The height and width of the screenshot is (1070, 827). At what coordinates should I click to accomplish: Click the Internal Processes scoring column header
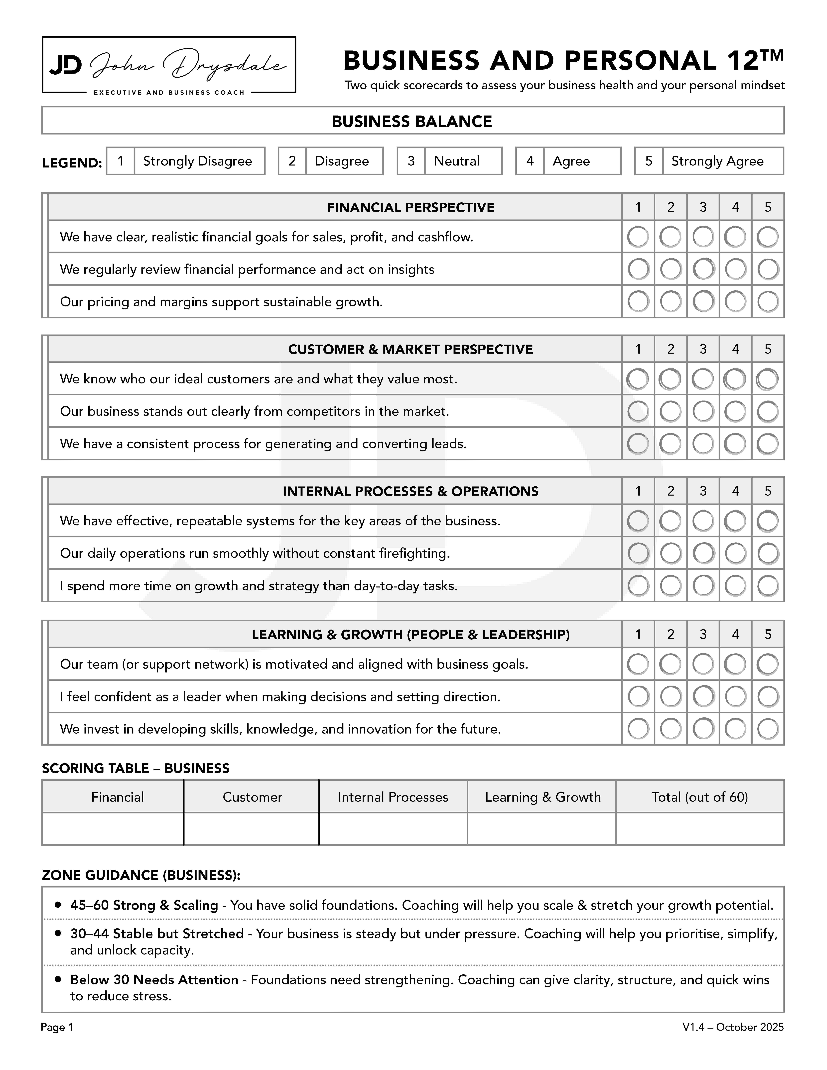coord(393,797)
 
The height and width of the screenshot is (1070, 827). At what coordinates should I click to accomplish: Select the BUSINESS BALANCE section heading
coord(412,121)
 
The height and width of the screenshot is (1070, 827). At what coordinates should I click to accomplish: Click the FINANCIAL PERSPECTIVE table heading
coord(411,208)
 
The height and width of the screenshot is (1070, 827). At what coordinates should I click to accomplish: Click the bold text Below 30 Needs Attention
coord(154,980)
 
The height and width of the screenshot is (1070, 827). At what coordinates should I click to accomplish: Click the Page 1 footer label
coord(57,1027)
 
